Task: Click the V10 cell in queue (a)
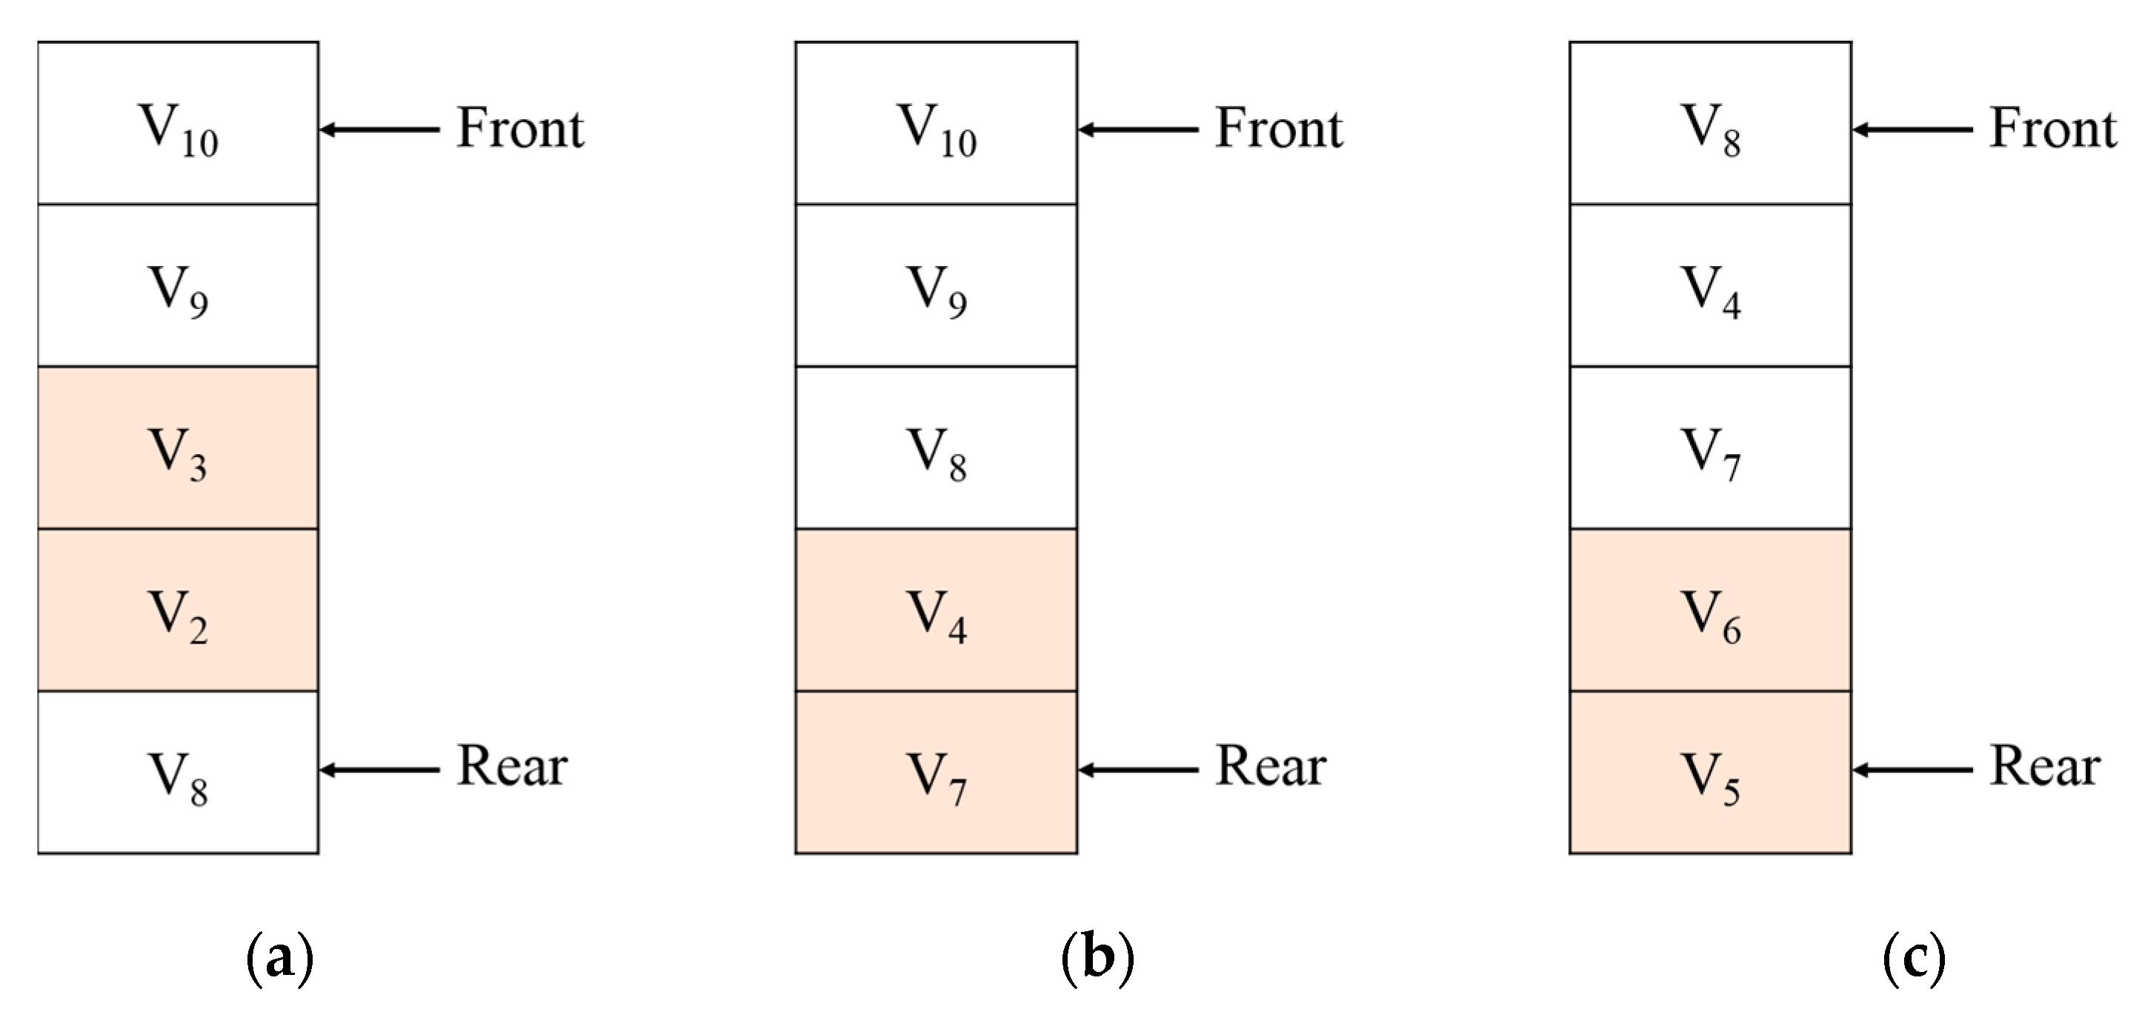(x=178, y=123)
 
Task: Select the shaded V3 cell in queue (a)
(x=178, y=447)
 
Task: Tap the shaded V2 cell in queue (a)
(x=178, y=610)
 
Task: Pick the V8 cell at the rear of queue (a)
(x=178, y=773)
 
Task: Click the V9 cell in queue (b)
(x=937, y=285)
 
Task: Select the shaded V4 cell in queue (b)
(x=937, y=610)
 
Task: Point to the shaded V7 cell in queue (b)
(x=937, y=773)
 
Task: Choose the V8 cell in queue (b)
(x=937, y=447)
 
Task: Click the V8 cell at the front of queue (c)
(x=1711, y=123)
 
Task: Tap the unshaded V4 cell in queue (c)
(x=1711, y=285)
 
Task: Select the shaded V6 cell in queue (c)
(x=1711, y=610)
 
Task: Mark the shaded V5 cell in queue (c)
(x=1711, y=773)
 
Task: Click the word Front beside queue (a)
(x=521, y=129)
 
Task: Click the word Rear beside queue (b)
(x=1271, y=766)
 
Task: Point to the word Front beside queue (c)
(x=2053, y=129)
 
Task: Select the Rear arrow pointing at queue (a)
(x=379, y=770)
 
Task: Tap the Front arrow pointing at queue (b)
(x=1137, y=130)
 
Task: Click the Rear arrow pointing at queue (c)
(x=1912, y=770)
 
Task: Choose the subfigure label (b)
(x=1097, y=959)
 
